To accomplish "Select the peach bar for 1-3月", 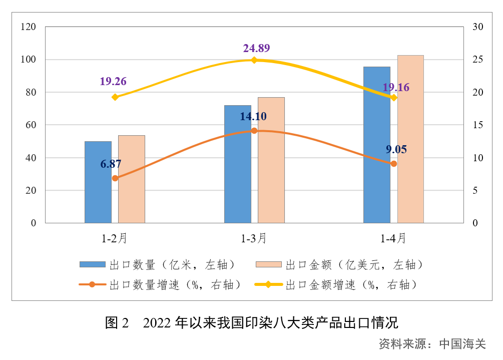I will [x=271, y=160].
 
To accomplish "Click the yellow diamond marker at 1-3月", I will [x=254, y=60].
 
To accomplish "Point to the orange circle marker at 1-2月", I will [x=115, y=178].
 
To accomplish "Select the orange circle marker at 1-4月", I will [x=393, y=164].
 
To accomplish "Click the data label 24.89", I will [x=256, y=48].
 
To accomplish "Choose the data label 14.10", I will [x=253, y=117].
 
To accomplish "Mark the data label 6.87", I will [x=111, y=164].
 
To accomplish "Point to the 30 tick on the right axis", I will [x=477, y=27].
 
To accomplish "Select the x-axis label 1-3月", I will [x=254, y=239].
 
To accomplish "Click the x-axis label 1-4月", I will [x=393, y=239].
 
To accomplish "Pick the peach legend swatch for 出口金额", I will [x=269, y=264].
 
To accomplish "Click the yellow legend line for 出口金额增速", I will [x=268, y=285].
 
